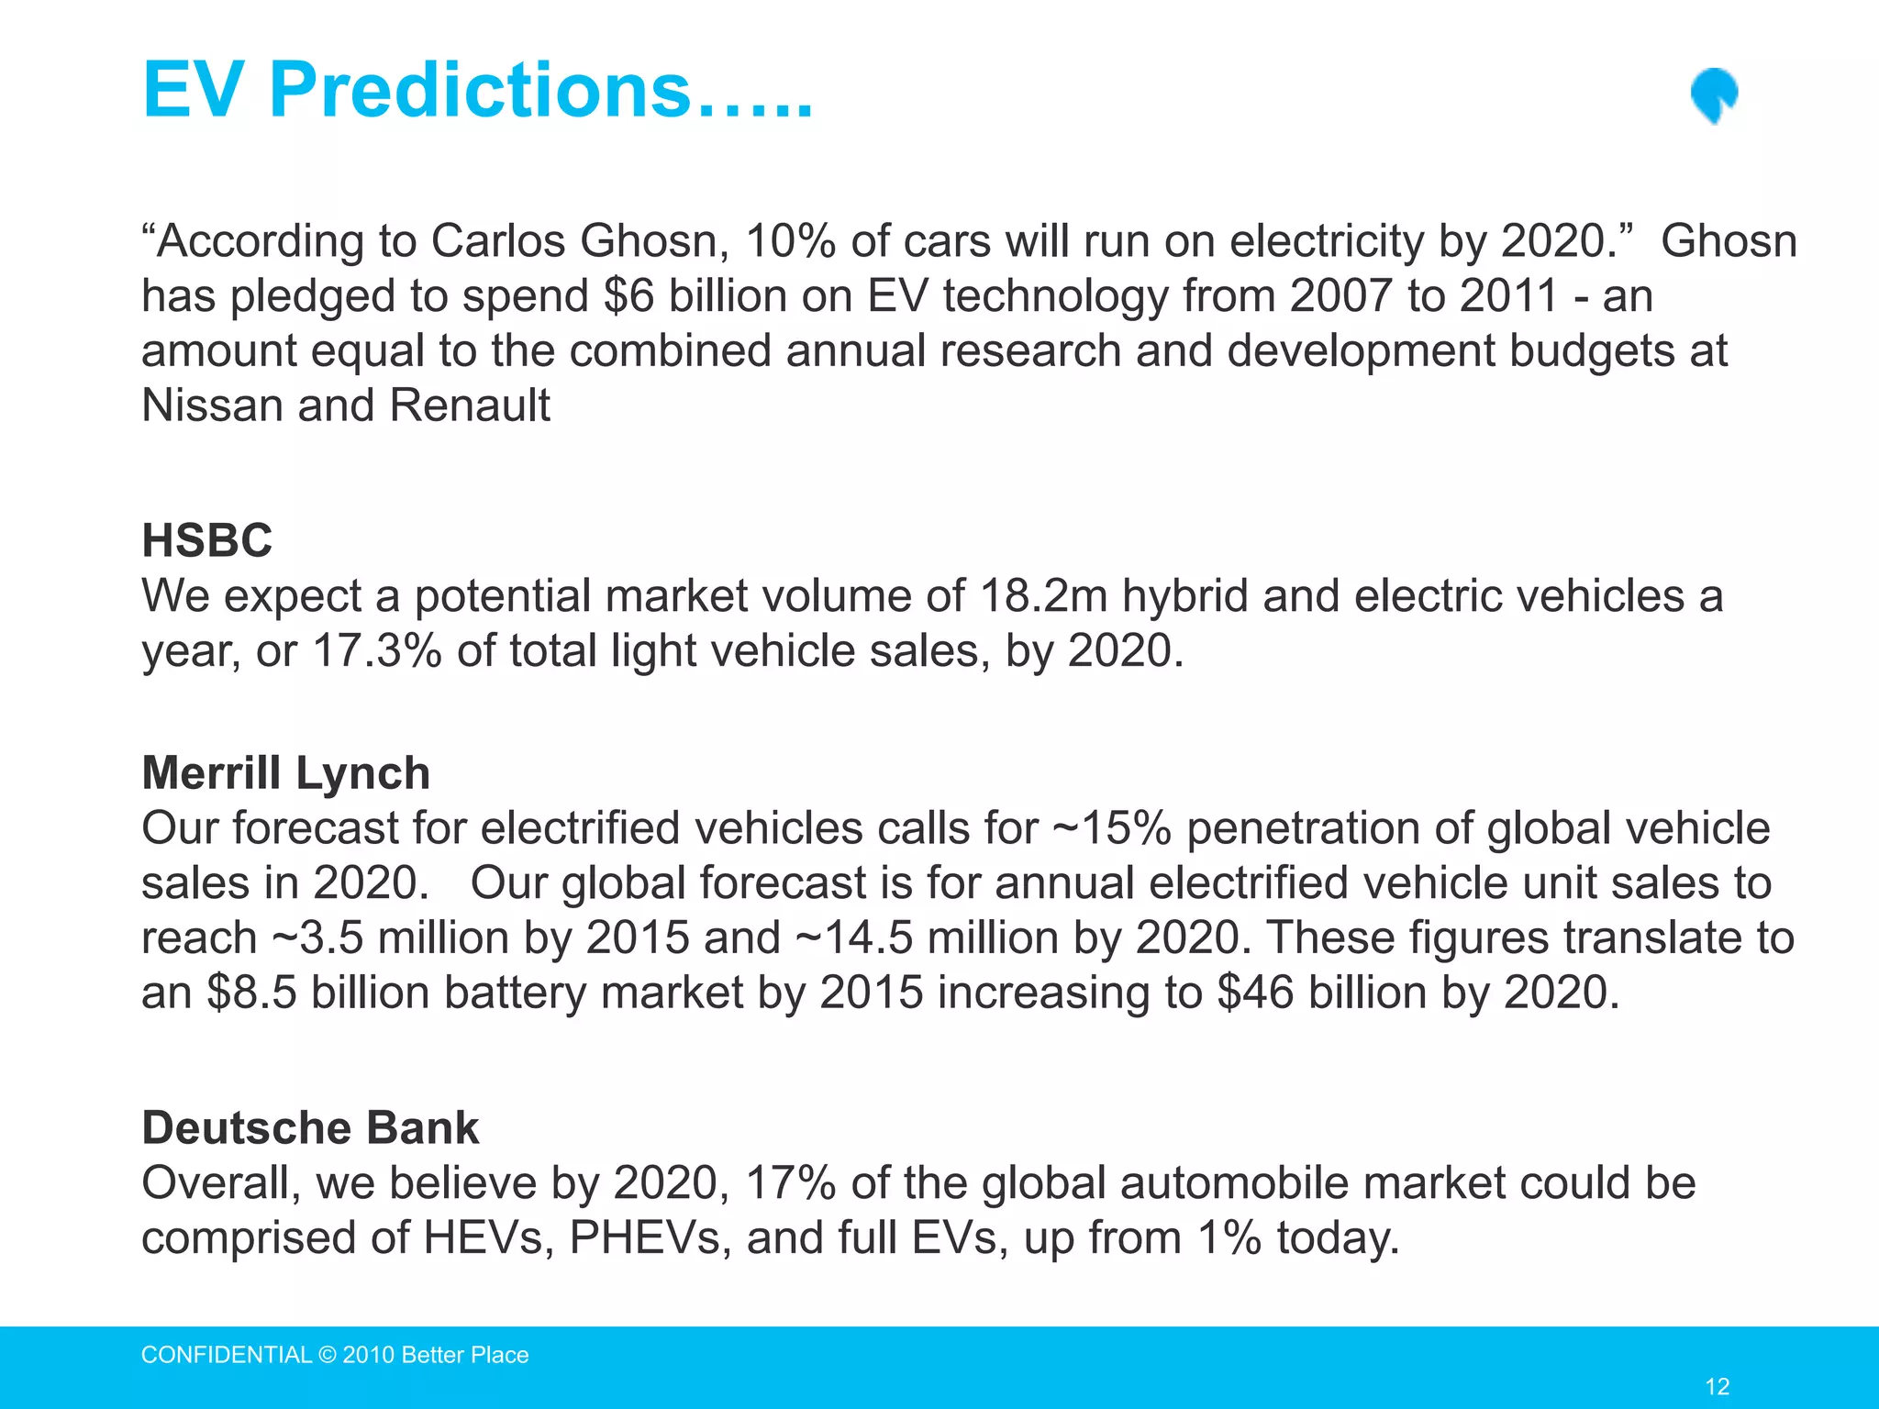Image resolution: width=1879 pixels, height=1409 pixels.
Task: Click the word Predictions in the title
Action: coord(479,90)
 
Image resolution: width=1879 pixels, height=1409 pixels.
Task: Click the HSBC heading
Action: coord(207,539)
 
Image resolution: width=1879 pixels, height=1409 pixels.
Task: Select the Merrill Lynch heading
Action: coord(285,772)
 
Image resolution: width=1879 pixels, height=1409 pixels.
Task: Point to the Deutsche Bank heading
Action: coord(310,1127)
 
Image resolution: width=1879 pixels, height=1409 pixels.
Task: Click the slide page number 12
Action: coord(1717,1386)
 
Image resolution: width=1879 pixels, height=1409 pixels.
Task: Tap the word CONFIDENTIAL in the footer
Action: coord(227,1355)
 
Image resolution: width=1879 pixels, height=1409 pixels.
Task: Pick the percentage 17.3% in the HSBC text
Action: coord(377,651)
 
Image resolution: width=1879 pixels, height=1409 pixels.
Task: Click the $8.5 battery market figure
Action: coord(252,993)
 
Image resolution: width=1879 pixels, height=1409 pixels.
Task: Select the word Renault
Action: coord(470,405)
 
